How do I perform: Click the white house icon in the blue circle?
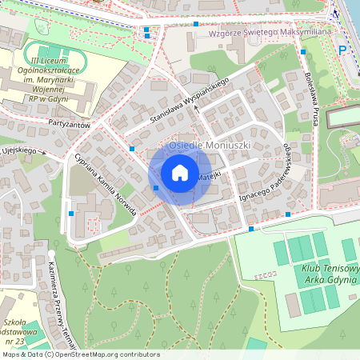[x=180, y=173]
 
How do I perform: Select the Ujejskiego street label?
[x=21, y=150]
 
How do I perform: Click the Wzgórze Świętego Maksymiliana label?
[x=269, y=31]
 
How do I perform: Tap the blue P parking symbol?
[x=342, y=50]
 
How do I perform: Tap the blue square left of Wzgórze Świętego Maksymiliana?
[x=196, y=24]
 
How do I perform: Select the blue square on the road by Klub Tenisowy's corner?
[x=251, y=229]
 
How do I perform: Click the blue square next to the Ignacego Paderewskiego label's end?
[x=288, y=214]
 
